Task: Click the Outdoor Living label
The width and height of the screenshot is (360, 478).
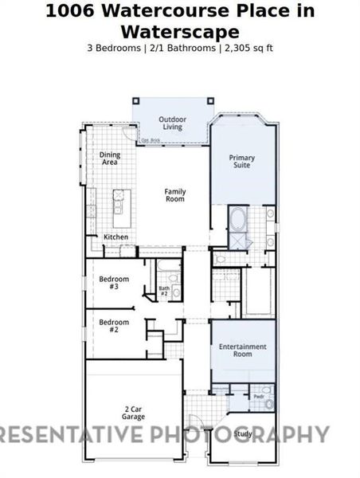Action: [x=171, y=123]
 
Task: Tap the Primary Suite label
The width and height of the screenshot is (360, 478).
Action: [x=242, y=162]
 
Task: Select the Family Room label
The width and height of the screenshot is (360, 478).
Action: [x=175, y=194]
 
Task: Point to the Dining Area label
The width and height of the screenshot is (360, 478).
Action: [x=110, y=159]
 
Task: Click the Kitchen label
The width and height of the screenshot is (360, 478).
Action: [x=115, y=237]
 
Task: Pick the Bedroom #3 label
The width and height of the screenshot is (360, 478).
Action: [x=114, y=283]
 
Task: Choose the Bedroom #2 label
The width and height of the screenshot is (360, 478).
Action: [x=114, y=325]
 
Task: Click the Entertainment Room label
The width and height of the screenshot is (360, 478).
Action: [x=242, y=350]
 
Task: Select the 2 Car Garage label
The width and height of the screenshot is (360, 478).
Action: [x=133, y=413]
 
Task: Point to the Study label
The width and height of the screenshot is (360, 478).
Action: [x=244, y=433]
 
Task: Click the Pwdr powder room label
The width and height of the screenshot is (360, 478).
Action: [x=259, y=396]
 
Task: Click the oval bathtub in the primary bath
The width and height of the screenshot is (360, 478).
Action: [x=238, y=218]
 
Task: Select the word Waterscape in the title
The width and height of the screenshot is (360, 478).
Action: [x=179, y=31]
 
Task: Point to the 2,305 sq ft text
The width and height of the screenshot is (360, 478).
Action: [x=248, y=48]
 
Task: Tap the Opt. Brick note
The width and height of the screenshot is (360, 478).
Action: [x=150, y=141]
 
